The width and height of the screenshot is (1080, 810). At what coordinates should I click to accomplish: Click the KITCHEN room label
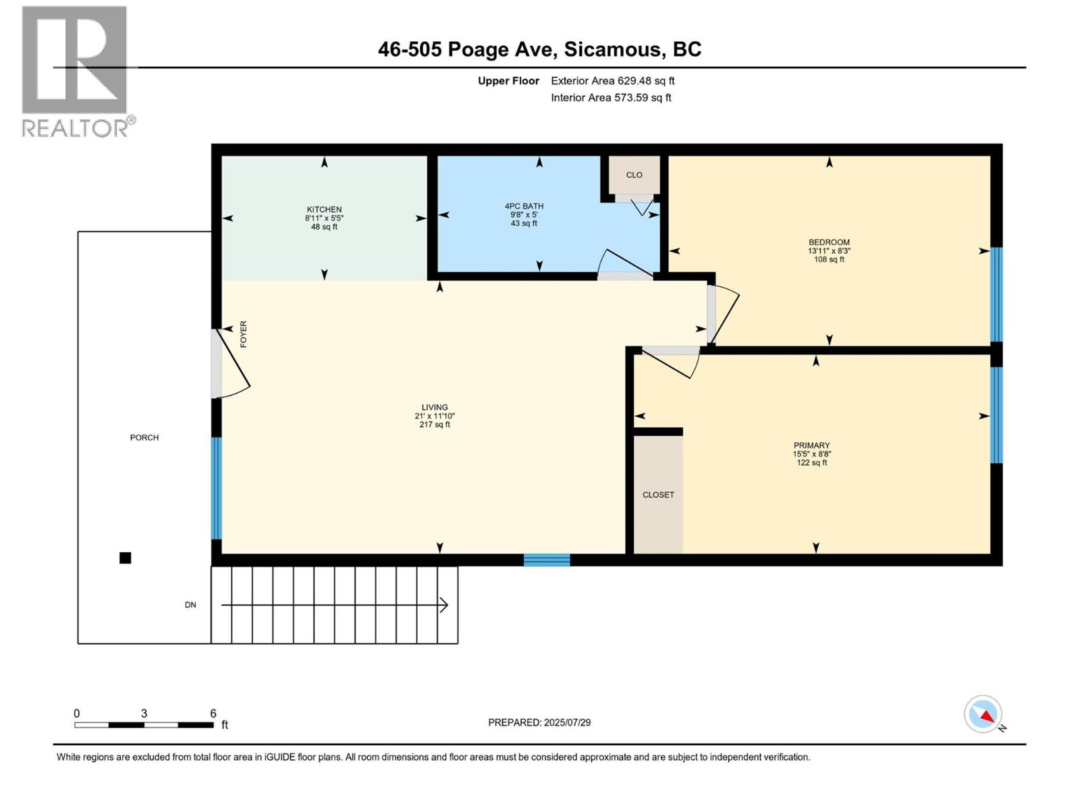tap(324, 209)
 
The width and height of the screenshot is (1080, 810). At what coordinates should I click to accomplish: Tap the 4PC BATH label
tap(524, 206)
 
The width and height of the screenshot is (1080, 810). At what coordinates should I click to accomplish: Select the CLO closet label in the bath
tap(634, 175)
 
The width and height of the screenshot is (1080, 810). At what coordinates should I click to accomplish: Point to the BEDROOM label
tap(829, 242)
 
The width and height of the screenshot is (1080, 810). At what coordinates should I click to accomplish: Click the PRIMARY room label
tap(811, 446)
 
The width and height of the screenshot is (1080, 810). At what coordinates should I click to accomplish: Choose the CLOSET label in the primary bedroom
tap(658, 495)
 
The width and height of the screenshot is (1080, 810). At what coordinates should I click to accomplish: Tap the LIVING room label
tap(435, 407)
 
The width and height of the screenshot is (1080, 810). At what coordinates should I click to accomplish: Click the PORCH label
tap(144, 437)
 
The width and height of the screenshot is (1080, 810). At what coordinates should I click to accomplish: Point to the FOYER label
tap(244, 334)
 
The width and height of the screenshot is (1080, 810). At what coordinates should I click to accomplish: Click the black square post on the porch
tap(125, 558)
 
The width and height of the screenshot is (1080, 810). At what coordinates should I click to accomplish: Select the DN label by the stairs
tap(190, 605)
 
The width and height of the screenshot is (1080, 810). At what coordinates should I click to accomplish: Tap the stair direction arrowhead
tap(444, 605)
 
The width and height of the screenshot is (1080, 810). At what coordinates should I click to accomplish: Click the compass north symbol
tap(983, 714)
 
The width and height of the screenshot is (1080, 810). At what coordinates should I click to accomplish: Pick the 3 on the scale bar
tap(144, 713)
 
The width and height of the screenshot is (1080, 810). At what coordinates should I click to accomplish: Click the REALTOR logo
tap(76, 71)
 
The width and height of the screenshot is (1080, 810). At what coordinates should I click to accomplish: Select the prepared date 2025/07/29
tap(567, 722)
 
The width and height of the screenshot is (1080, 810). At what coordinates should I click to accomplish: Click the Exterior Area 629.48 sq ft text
tap(612, 81)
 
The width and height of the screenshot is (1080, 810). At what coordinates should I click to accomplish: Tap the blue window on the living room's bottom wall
tap(547, 560)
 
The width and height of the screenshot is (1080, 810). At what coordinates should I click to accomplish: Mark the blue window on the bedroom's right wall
tap(996, 294)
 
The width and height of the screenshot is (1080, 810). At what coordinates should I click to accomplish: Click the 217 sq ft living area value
tap(435, 425)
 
